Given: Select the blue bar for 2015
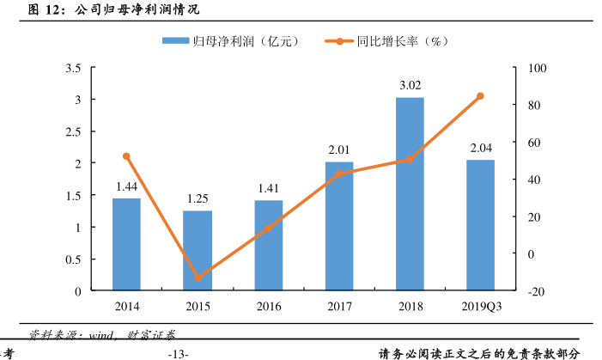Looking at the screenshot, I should tap(198, 251).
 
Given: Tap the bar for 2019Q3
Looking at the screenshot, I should tap(480, 225).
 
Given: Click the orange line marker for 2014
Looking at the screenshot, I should tap(126, 156).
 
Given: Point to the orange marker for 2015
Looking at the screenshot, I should tap(198, 278).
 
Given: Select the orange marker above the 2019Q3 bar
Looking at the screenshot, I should tap(480, 96).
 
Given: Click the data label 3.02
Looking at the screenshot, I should tap(410, 85).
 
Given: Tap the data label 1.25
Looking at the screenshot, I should tap(198, 198).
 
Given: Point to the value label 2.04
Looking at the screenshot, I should tap(480, 148).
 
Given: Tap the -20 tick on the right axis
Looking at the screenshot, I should tap(537, 291).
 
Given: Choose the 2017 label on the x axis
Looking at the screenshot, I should tap(339, 306).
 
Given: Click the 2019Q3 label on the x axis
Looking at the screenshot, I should tap(480, 306).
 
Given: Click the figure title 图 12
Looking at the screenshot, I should tap(46, 10).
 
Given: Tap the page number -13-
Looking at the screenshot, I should tap(178, 353).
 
